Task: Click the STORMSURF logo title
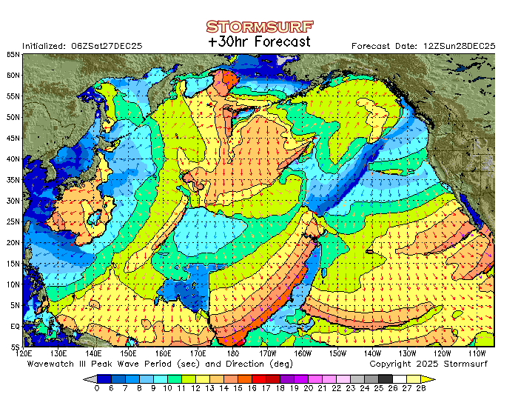tap(259, 27)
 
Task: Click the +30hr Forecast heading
tap(259, 42)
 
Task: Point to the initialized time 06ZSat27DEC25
tap(103, 46)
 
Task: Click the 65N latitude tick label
tap(13, 55)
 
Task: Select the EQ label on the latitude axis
tap(15, 326)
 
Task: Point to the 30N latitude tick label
tap(13, 201)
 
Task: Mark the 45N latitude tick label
tap(13, 138)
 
